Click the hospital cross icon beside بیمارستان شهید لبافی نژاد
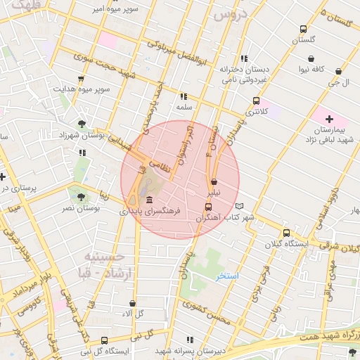[329, 119]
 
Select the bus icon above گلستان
[303, 30]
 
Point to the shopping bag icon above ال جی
[339, 71]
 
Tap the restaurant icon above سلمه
[184, 96]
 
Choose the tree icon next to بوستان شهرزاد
[82, 124]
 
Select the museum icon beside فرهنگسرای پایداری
[150, 200]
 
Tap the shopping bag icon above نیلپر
[213, 181]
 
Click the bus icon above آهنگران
[207, 207]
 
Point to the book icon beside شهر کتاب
[241, 206]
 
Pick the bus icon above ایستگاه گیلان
[286, 233]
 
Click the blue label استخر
[227, 276]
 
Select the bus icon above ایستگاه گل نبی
[105, 340]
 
